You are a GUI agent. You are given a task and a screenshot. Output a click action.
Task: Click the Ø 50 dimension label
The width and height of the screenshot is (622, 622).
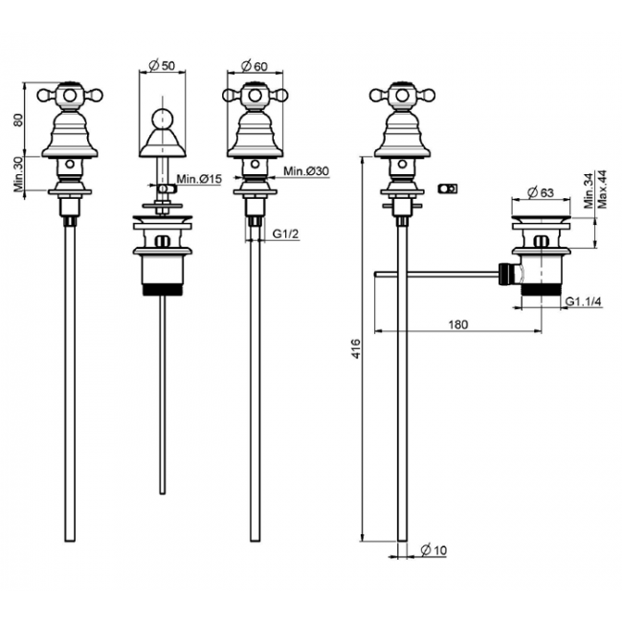[162, 65]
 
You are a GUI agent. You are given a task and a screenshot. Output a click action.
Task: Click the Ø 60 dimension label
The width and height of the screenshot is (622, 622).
[255, 66]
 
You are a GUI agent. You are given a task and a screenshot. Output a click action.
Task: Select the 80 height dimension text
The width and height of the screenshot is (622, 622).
[18, 120]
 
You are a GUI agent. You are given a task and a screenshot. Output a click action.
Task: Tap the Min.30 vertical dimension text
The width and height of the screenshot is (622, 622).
[18, 174]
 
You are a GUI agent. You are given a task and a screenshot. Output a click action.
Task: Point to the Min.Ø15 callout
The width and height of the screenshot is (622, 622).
[199, 179]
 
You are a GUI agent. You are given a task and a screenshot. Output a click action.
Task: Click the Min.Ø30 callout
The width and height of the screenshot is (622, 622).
[306, 171]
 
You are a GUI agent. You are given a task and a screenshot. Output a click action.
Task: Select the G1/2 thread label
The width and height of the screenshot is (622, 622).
[285, 234]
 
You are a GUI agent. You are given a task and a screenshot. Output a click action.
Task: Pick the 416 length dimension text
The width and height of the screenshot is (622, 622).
[357, 349]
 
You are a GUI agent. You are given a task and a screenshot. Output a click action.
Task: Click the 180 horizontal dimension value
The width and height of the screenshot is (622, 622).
[458, 324]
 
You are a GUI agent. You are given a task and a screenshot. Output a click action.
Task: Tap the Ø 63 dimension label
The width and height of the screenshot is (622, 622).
[541, 192]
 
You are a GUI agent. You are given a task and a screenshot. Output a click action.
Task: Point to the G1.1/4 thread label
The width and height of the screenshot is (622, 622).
[583, 301]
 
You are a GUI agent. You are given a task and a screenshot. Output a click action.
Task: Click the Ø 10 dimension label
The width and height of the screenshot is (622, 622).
[433, 550]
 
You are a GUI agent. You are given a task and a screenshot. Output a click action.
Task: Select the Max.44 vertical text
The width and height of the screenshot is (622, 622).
[602, 189]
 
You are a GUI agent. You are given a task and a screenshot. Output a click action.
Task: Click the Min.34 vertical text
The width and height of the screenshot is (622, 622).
[589, 190]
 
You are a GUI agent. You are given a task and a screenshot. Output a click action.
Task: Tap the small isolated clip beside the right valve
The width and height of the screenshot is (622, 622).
[448, 189]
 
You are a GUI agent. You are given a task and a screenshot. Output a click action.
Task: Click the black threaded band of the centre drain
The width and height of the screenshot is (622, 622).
[163, 290]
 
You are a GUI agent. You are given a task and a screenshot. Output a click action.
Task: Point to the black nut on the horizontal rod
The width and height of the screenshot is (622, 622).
[504, 274]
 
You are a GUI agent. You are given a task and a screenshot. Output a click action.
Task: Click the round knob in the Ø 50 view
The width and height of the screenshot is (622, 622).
[163, 118]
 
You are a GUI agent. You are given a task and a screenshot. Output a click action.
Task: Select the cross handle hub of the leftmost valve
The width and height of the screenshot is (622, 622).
[70, 95]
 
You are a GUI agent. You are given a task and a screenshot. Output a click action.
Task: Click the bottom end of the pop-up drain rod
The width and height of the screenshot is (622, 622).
[163, 494]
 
